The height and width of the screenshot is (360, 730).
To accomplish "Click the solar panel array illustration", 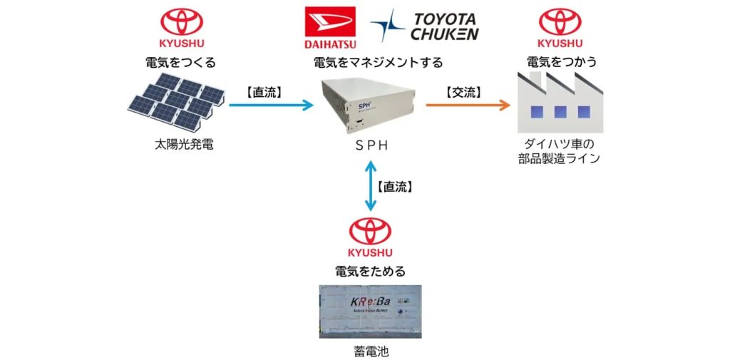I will [176, 101].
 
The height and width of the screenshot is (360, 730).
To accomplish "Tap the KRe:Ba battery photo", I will [370, 311].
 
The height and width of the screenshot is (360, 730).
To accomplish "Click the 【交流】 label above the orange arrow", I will [463, 91].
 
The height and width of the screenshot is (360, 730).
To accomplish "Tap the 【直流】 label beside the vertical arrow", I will [398, 187].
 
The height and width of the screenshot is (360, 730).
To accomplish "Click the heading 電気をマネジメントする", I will [378, 62].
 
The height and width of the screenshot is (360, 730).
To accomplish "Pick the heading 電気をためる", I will [370, 271].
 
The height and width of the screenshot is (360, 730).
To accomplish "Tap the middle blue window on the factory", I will [560, 111].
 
